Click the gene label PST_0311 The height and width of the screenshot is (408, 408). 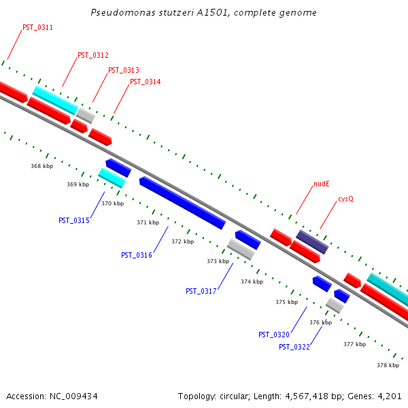click(37, 28)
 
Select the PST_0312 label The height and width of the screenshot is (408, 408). click(93, 56)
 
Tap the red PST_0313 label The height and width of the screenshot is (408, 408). click(124, 71)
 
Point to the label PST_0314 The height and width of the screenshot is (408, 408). click(145, 82)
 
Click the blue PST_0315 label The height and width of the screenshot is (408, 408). click(74, 220)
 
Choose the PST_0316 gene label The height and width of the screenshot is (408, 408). click(137, 256)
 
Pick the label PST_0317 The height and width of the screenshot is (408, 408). click(201, 292)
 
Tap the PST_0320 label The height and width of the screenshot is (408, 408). click(274, 335)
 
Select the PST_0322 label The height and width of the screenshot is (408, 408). click(294, 347)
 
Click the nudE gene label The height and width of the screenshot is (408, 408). click(321, 184)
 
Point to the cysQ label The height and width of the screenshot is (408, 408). click(346, 199)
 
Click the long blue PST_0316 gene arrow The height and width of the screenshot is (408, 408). click(182, 203)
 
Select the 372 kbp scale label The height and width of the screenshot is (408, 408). click(182, 241)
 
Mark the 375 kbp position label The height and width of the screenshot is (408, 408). click(286, 302)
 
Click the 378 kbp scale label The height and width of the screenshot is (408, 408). click(388, 365)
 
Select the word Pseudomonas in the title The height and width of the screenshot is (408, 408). click(116, 13)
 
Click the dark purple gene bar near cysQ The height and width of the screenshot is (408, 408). click(312, 242)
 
